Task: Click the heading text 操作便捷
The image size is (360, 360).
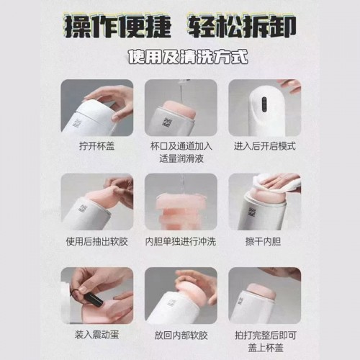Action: tap(118, 27)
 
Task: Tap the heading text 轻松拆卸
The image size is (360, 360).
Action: tap(241, 27)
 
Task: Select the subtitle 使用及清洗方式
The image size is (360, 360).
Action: tap(188, 57)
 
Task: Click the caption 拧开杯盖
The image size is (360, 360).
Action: tap(97, 146)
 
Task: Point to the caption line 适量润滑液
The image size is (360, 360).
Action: tap(181, 158)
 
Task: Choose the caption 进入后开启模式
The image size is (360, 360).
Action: tap(265, 146)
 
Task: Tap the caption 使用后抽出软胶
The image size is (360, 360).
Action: tap(97, 241)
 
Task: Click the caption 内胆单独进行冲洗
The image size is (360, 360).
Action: tap(181, 241)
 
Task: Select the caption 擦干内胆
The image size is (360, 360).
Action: tap(263, 241)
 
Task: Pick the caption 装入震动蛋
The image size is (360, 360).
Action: tap(96, 335)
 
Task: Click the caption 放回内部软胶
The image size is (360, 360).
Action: tap(181, 336)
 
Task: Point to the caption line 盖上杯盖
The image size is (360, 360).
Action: tap(266, 348)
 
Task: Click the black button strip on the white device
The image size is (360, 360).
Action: tap(264, 104)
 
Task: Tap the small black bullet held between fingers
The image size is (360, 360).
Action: tap(94, 298)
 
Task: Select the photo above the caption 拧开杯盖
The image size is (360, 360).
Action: tap(97, 108)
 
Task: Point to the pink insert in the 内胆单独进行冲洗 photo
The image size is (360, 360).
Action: tap(181, 212)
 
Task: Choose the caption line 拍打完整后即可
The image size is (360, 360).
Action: tap(266, 336)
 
